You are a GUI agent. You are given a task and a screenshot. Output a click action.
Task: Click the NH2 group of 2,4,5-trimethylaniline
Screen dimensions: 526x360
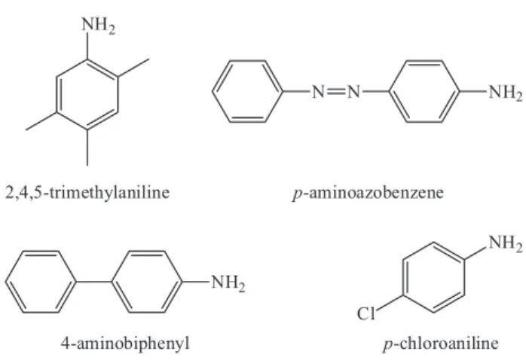98,26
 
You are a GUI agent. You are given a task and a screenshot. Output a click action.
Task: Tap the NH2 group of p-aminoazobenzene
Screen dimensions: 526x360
505,92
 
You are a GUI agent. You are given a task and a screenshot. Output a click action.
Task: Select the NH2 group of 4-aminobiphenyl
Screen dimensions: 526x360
228,282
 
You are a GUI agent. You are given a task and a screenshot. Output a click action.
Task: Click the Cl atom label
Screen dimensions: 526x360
365,314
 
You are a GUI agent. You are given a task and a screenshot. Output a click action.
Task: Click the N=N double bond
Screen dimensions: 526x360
336,91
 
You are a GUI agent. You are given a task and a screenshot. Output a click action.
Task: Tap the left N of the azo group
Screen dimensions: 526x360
319,92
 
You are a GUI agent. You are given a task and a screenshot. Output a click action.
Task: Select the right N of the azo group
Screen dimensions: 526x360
353,92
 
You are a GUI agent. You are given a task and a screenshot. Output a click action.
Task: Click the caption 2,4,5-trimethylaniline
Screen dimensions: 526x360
87,192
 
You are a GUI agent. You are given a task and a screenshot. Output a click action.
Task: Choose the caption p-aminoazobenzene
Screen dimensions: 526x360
368,192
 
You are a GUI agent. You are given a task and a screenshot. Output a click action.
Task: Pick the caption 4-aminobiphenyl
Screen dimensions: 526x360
125,343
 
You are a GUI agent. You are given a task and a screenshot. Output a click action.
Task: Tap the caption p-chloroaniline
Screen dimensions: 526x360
441,343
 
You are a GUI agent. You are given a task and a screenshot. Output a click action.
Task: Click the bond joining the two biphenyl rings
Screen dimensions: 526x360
93,282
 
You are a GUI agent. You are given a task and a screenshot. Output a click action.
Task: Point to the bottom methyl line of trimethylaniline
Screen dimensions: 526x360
87,148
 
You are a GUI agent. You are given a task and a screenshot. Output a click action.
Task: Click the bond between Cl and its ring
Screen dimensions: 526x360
389,303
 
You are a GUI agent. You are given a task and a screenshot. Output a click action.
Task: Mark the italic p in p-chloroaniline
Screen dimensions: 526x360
387,345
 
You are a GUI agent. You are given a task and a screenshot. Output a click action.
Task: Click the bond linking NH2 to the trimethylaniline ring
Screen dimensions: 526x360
87,46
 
